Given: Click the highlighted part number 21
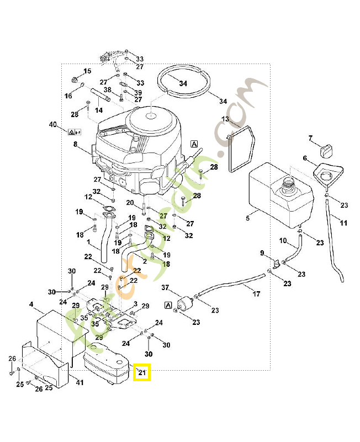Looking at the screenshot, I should [143, 373].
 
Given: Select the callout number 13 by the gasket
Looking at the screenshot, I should [225, 119].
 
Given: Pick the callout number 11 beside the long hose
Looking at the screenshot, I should [343, 223].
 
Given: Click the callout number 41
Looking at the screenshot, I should [80, 382].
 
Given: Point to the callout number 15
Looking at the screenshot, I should [87, 71].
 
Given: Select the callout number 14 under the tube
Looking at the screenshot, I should [99, 110].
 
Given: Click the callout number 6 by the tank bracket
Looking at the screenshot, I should [304, 158].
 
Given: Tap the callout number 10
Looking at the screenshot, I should [283, 241].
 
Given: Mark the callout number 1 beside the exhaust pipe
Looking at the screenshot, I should [89, 241].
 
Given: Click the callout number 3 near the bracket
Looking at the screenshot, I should [135, 304].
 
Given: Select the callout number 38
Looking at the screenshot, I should [107, 90].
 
